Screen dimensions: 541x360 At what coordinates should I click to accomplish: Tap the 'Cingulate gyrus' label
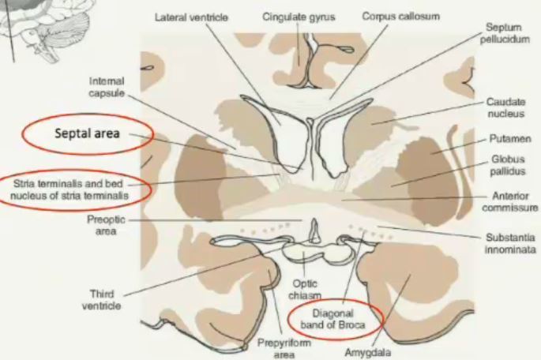tap(298, 16)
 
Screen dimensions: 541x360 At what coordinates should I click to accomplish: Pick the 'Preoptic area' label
tap(103, 225)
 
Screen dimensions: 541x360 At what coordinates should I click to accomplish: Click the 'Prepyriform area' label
tap(276, 350)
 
